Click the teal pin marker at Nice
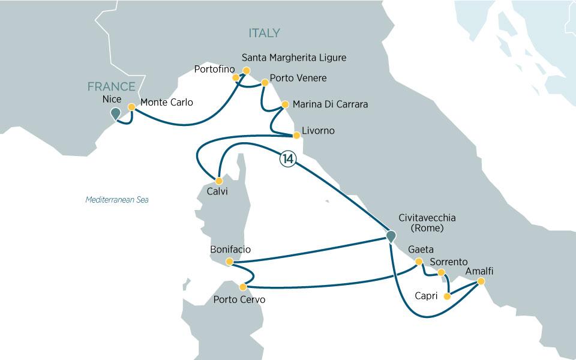pyautogui.click(x=116, y=112)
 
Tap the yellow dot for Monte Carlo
pyautogui.click(x=131, y=107)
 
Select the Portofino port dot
pyautogui.click(x=236, y=77)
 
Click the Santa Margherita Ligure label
pyautogui.click(x=293, y=58)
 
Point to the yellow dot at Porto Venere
pyautogui.click(x=263, y=82)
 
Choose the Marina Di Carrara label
pyautogui.click(x=329, y=104)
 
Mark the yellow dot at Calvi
pyautogui.click(x=219, y=181)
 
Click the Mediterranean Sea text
pyautogui.click(x=116, y=200)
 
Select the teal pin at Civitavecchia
pyautogui.click(x=391, y=236)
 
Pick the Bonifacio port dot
pyautogui.click(x=229, y=262)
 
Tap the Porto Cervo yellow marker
pyautogui.click(x=242, y=287)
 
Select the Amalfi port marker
pyautogui.click(x=481, y=281)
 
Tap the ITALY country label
pyautogui.click(x=263, y=34)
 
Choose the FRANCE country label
pyautogui.click(x=111, y=87)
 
